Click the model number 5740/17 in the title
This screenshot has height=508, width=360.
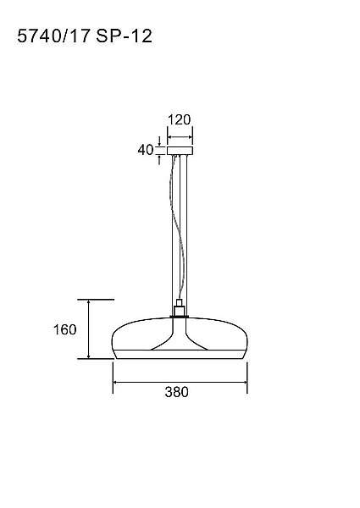(x=53, y=36)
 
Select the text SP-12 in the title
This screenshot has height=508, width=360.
(x=125, y=36)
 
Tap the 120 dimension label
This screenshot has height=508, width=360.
(x=180, y=120)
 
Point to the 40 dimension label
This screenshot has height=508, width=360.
(x=146, y=150)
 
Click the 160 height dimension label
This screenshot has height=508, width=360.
(x=65, y=330)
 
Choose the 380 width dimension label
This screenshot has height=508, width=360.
(x=176, y=392)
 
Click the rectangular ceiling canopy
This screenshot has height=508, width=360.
(x=180, y=151)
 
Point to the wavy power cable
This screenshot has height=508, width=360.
(x=178, y=227)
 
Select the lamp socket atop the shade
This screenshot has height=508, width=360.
(x=179, y=308)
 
